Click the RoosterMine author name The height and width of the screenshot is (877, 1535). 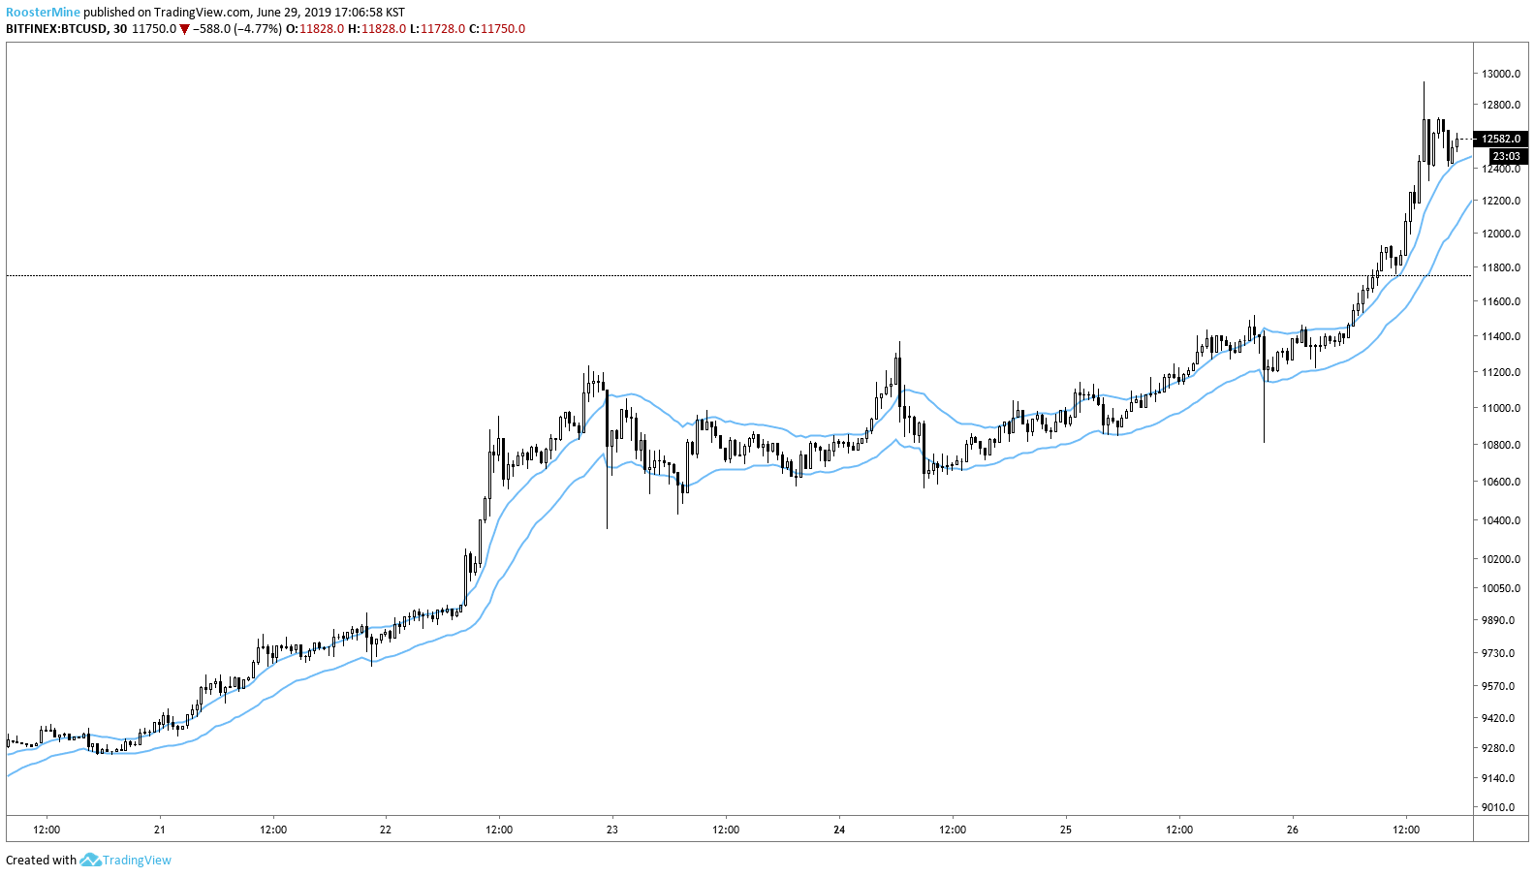43,13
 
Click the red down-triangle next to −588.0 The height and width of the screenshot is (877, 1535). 184,29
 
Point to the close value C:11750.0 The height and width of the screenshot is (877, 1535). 497,29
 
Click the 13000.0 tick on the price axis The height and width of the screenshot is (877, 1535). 1500,74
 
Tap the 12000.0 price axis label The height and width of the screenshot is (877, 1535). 1500,234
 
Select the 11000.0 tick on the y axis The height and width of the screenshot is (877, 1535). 1500,408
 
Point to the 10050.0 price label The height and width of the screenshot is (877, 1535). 1500,588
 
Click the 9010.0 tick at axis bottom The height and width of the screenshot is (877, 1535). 1498,807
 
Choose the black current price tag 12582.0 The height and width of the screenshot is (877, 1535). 1501,139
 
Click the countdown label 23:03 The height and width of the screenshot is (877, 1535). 1506,156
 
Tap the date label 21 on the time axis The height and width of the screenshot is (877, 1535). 160,830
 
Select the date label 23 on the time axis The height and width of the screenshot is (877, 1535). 612,830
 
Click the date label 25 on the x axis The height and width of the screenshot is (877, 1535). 1066,830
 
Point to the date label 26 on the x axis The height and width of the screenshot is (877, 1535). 1293,830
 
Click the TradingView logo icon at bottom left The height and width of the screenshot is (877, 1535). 90,860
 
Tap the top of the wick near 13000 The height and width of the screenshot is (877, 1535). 1424,82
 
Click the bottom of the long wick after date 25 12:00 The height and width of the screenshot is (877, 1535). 1265,442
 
